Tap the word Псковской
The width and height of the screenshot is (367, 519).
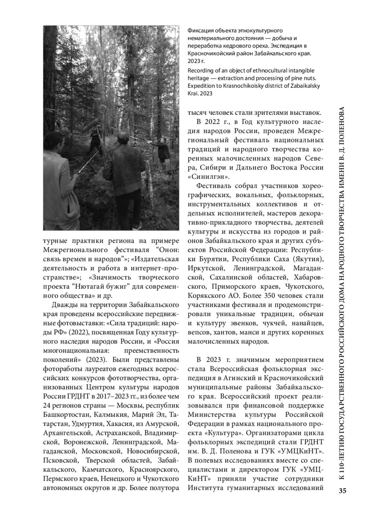click(x=58, y=460)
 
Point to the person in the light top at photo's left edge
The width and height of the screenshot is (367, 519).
click(x=58, y=178)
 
